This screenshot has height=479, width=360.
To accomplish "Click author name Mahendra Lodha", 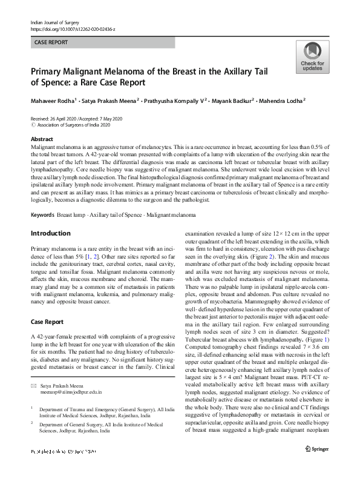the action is point(284,100).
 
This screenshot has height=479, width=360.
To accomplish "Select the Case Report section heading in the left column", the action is point(51,321).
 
